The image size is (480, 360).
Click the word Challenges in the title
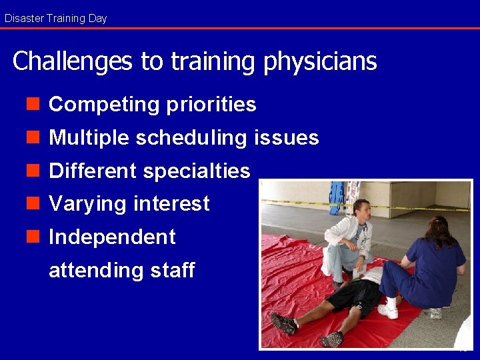[x=73, y=61]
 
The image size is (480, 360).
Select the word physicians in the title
[x=321, y=61]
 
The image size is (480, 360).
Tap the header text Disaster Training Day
[x=55, y=18]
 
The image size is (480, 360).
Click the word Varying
[x=89, y=203]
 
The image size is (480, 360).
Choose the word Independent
[x=112, y=237]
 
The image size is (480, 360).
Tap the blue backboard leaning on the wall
[x=337, y=197]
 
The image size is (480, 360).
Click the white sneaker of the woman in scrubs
[x=388, y=311]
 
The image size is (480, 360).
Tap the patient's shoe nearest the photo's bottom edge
[x=331, y=339]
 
